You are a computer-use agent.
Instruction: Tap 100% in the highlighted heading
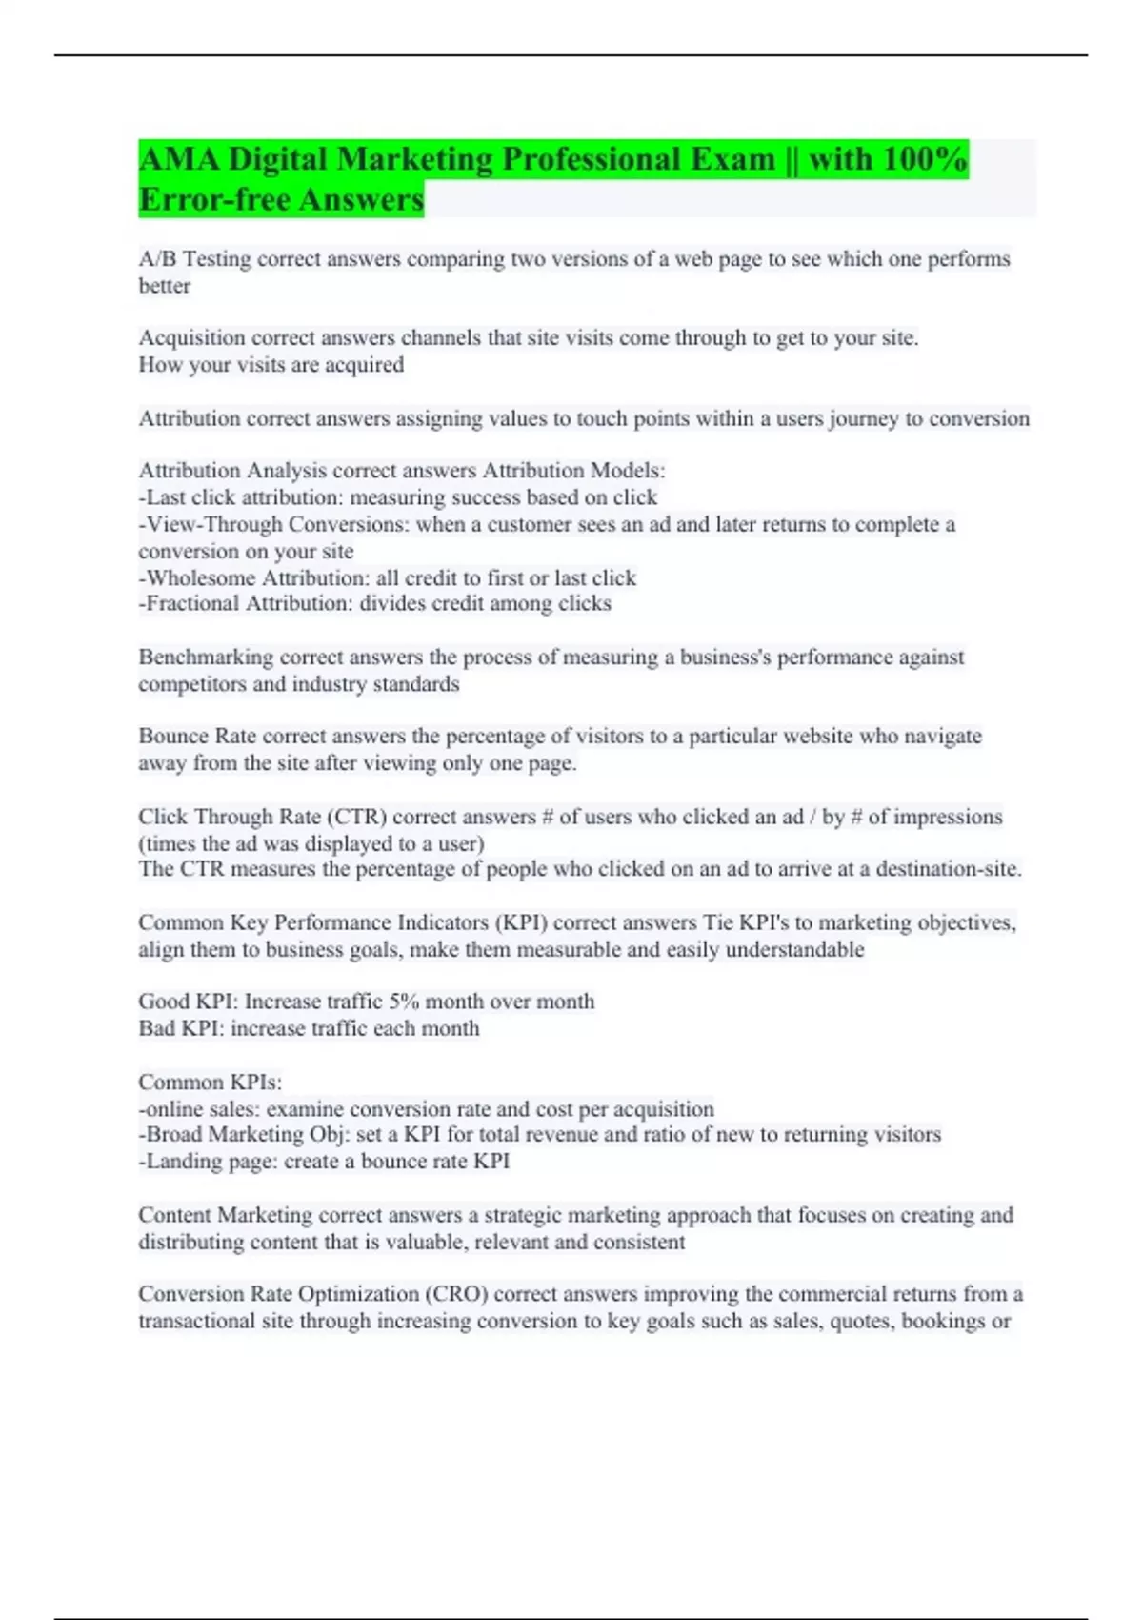point(925,159)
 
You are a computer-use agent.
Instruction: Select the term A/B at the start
point(157,259)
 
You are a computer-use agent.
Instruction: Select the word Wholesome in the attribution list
point(201,578)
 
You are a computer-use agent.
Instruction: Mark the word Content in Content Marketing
point(174,1215)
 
